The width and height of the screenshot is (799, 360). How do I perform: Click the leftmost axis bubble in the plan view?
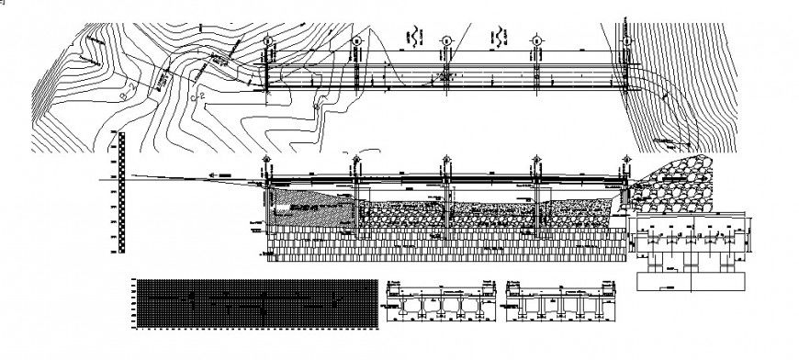pos(267,40)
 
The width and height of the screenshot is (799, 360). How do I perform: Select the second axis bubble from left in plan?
pos(355,40)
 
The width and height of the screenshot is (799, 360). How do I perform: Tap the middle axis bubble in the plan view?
pos(445,40)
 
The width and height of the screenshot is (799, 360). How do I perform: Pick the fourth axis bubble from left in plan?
pos(535,40)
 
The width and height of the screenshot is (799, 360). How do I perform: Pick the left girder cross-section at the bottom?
pos(436,303)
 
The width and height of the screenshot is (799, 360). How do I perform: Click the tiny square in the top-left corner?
pos(3,3)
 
